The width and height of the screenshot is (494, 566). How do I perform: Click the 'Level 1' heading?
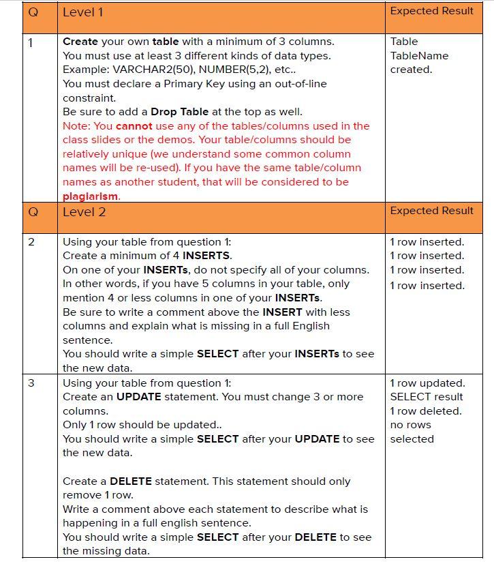click(83, 12)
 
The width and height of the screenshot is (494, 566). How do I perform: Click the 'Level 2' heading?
click(84, 212)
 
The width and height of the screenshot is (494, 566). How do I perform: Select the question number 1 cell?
click(31, 42)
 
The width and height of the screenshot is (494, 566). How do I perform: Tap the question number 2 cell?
click(31, 242)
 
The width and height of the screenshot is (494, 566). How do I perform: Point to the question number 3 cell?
click(31, 383)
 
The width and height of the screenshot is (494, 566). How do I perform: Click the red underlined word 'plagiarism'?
click(91, 196)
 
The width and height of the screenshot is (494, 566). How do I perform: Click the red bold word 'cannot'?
click(134, 126)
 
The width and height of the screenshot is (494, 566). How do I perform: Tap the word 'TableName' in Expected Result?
click(419, 56)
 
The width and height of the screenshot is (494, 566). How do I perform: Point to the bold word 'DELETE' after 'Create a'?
click(131, 481)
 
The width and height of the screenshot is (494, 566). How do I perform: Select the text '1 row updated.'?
click(427, 383)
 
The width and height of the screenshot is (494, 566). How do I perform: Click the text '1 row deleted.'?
click(426, 411)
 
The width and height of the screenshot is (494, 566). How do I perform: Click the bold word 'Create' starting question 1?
click(80, 42)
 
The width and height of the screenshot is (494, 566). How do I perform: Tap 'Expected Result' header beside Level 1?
click(431, 11)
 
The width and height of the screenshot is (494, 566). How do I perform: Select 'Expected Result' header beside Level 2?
click(431, 211)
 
